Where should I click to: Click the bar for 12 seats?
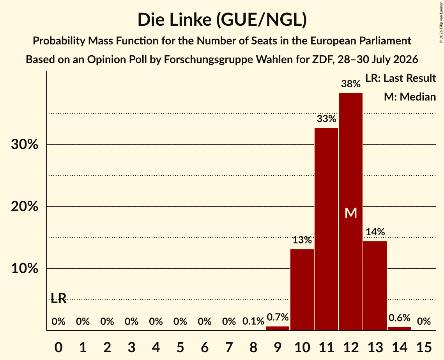tap(351, 212)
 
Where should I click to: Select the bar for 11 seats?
tap(326, 229)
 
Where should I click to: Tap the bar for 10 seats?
tap(302, 289)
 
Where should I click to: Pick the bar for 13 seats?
tap(375, 286)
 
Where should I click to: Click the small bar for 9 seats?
tap(278, 328)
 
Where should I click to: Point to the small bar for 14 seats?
tap(400, 328)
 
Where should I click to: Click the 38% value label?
tap(351, 84)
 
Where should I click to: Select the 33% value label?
tap(326, 118)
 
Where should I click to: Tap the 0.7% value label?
tap(278, 317)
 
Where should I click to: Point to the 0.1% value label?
tap(253, 321)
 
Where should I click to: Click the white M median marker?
tap(351, 213)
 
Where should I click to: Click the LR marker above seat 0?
tap(58, 298)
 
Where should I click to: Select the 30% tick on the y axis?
tap(25, 144)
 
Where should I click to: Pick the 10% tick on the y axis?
tap(25, 268)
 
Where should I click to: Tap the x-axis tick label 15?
tap(424, 347)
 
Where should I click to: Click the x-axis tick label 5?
tap(180, 347)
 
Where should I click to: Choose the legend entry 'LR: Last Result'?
tap(400, 78)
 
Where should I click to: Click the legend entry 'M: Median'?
tap(410, 97)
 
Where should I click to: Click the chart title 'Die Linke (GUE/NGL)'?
tap(222, 20)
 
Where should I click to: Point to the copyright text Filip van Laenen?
tap(441, 22)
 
